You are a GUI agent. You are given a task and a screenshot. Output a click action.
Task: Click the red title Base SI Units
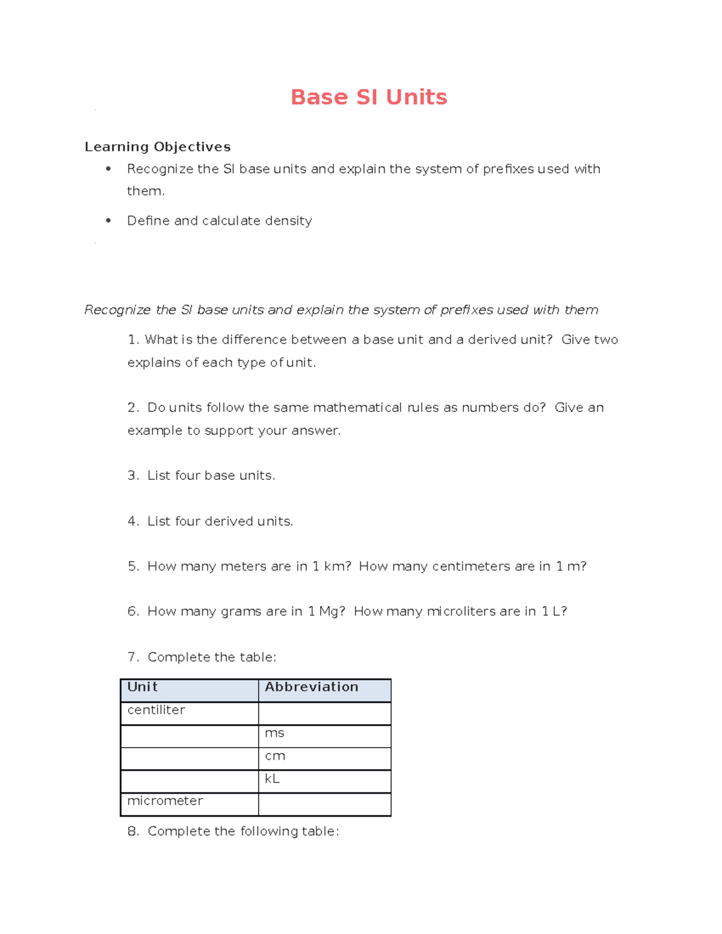(368, 97)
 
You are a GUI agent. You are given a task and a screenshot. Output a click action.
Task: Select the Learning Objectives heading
(158, 147)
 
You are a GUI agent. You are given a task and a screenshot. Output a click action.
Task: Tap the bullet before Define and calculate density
(108, 221)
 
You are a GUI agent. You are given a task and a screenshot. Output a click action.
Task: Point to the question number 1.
(133, 340)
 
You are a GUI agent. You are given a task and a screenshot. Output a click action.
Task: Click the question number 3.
(133, 476)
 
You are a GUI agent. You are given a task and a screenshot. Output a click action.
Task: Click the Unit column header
(143, 687)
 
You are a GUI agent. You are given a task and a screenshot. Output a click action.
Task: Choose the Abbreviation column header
(311, 687)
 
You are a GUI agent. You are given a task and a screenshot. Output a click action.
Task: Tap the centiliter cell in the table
(156, 710)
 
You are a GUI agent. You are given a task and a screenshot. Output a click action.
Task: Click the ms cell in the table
(274, 733)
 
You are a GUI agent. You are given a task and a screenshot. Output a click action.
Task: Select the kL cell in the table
(272, 779)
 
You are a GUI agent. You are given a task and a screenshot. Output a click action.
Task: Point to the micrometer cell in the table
(165, 801)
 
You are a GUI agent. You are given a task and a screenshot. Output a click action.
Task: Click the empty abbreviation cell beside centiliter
(324, 713)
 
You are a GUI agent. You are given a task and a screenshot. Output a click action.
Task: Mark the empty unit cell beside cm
(189, 759)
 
